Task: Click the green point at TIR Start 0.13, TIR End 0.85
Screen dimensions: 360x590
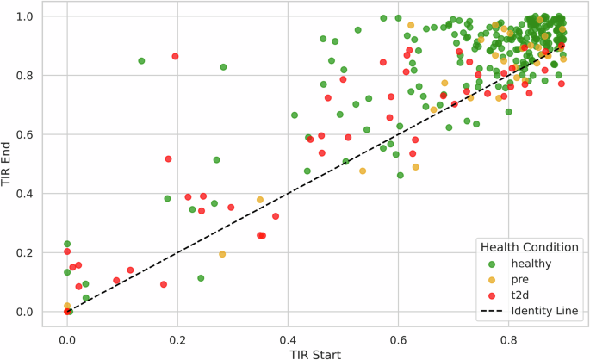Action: click(x=141, y=61)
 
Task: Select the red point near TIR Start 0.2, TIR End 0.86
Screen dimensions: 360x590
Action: click(x=175, y=56)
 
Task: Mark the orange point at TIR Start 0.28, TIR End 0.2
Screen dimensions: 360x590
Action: click(x=222, y=254)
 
